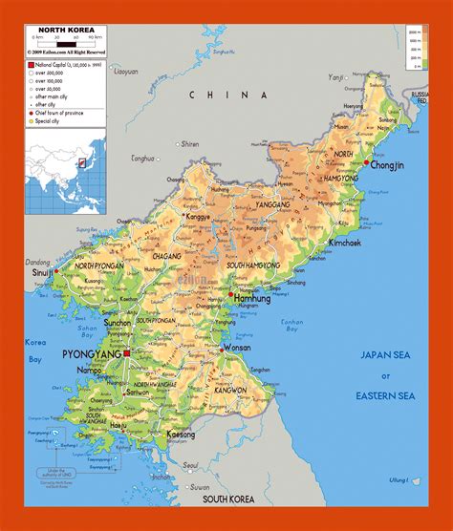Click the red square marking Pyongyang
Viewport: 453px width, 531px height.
coord(127,353)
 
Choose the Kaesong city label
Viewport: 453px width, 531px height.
coord(181,434)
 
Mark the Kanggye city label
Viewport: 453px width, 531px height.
coord(197,217)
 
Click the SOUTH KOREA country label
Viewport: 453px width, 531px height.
coord(226,499)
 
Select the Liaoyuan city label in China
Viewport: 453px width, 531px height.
coord(126,72)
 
